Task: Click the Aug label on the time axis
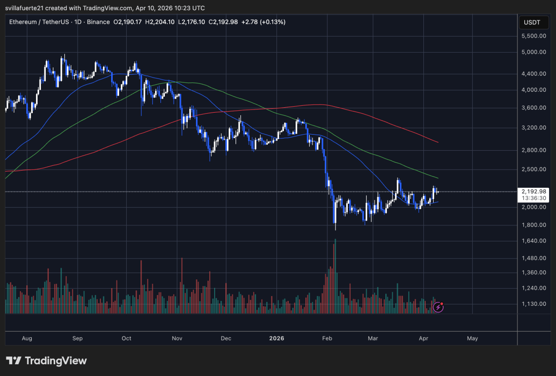(27, 338)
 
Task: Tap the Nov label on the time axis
(177, 338)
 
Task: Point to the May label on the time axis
(472, 338)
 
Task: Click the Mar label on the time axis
(373, 338)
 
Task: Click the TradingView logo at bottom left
(46, 361)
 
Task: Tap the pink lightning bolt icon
(438, 307)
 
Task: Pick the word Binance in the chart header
(99, 22)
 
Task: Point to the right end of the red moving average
(437, 142)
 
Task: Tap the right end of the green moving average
(437, 178)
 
